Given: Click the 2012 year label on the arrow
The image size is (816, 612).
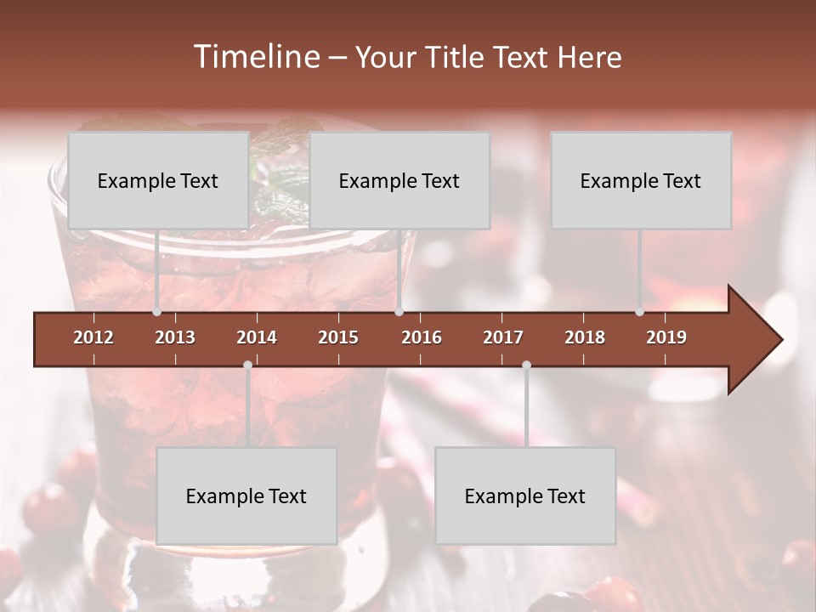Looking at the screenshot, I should tap(93, 337).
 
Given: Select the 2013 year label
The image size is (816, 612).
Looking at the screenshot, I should tap(175, 337).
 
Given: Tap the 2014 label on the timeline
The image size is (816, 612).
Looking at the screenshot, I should tap(257, 337).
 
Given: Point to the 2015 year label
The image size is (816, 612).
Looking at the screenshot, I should tap(338, 337).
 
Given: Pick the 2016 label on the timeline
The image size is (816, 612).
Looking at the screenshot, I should tap(422, 337).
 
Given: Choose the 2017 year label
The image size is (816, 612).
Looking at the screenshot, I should tap(503, 337).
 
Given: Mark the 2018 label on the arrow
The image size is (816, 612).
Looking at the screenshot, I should tap(585, 337).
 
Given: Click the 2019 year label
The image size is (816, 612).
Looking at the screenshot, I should tap(666, 337).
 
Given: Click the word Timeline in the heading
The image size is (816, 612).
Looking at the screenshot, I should tap(255, 57).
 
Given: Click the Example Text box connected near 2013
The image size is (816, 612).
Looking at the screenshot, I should tap(158, 180).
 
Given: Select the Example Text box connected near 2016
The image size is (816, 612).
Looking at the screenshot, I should tap(399, 180).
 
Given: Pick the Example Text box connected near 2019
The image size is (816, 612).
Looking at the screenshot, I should tap(641, 180).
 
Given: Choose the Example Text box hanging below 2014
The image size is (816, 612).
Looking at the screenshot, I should tap(246, 496).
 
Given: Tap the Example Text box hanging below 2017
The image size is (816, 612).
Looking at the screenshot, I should tap(525, 496).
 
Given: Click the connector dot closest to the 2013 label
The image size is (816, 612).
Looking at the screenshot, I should tap(156, 312).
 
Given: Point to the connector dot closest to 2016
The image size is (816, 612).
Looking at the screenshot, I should tap(399, 312).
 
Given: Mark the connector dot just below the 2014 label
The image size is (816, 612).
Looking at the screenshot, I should tap(247, 365).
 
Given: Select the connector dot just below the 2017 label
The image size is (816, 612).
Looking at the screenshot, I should tap(526, 365).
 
